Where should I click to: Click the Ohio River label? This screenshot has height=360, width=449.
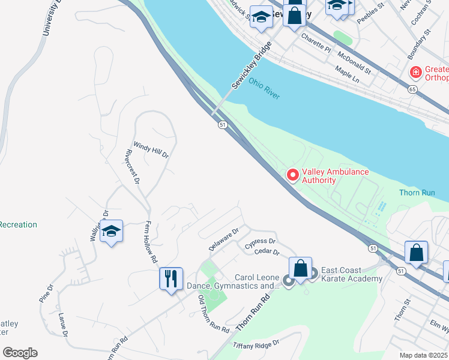(x=265, y=88)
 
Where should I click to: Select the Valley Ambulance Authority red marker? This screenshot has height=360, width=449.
(x=293, y=175)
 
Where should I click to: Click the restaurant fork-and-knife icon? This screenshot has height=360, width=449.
(x=170, y=279)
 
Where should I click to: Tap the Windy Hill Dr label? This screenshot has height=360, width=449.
(x=151, y=149)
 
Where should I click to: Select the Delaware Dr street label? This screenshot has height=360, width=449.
(x=224, y=239)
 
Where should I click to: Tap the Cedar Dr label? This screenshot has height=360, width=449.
(x=268, y=253)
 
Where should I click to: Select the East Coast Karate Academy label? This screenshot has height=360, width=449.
(x=352, y=274)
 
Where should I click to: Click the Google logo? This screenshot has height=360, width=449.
(x=20, y=353)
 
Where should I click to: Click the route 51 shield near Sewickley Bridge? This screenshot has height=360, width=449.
(x=222, y=124)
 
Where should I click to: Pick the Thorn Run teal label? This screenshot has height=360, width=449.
(x=416, y=193)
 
